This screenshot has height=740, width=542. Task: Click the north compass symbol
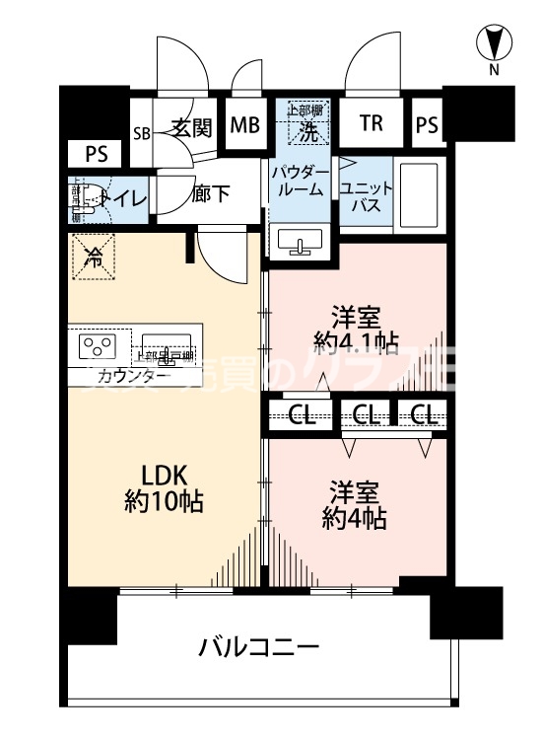pyautogui.click(x=495, y=43)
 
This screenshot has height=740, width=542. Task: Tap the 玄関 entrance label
pyautogui.click(x=192, y=127)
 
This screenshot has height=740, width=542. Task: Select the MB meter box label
pyautogui.click(x=244, y=125)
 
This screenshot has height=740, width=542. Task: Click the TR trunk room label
pyautogui.click(x=371, y=124)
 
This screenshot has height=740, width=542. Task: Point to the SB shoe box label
pyautogui.click(x=142, y=133)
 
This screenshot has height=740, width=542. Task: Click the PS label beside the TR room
pyautogui.click(x=426, y=125)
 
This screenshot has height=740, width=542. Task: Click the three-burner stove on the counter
pyautogui.click(x=96, y=345)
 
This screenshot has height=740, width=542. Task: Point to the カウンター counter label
pyautogui.click(x=133, y=376)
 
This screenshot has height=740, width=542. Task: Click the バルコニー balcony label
pyautogui.click(x=258, y=648)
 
